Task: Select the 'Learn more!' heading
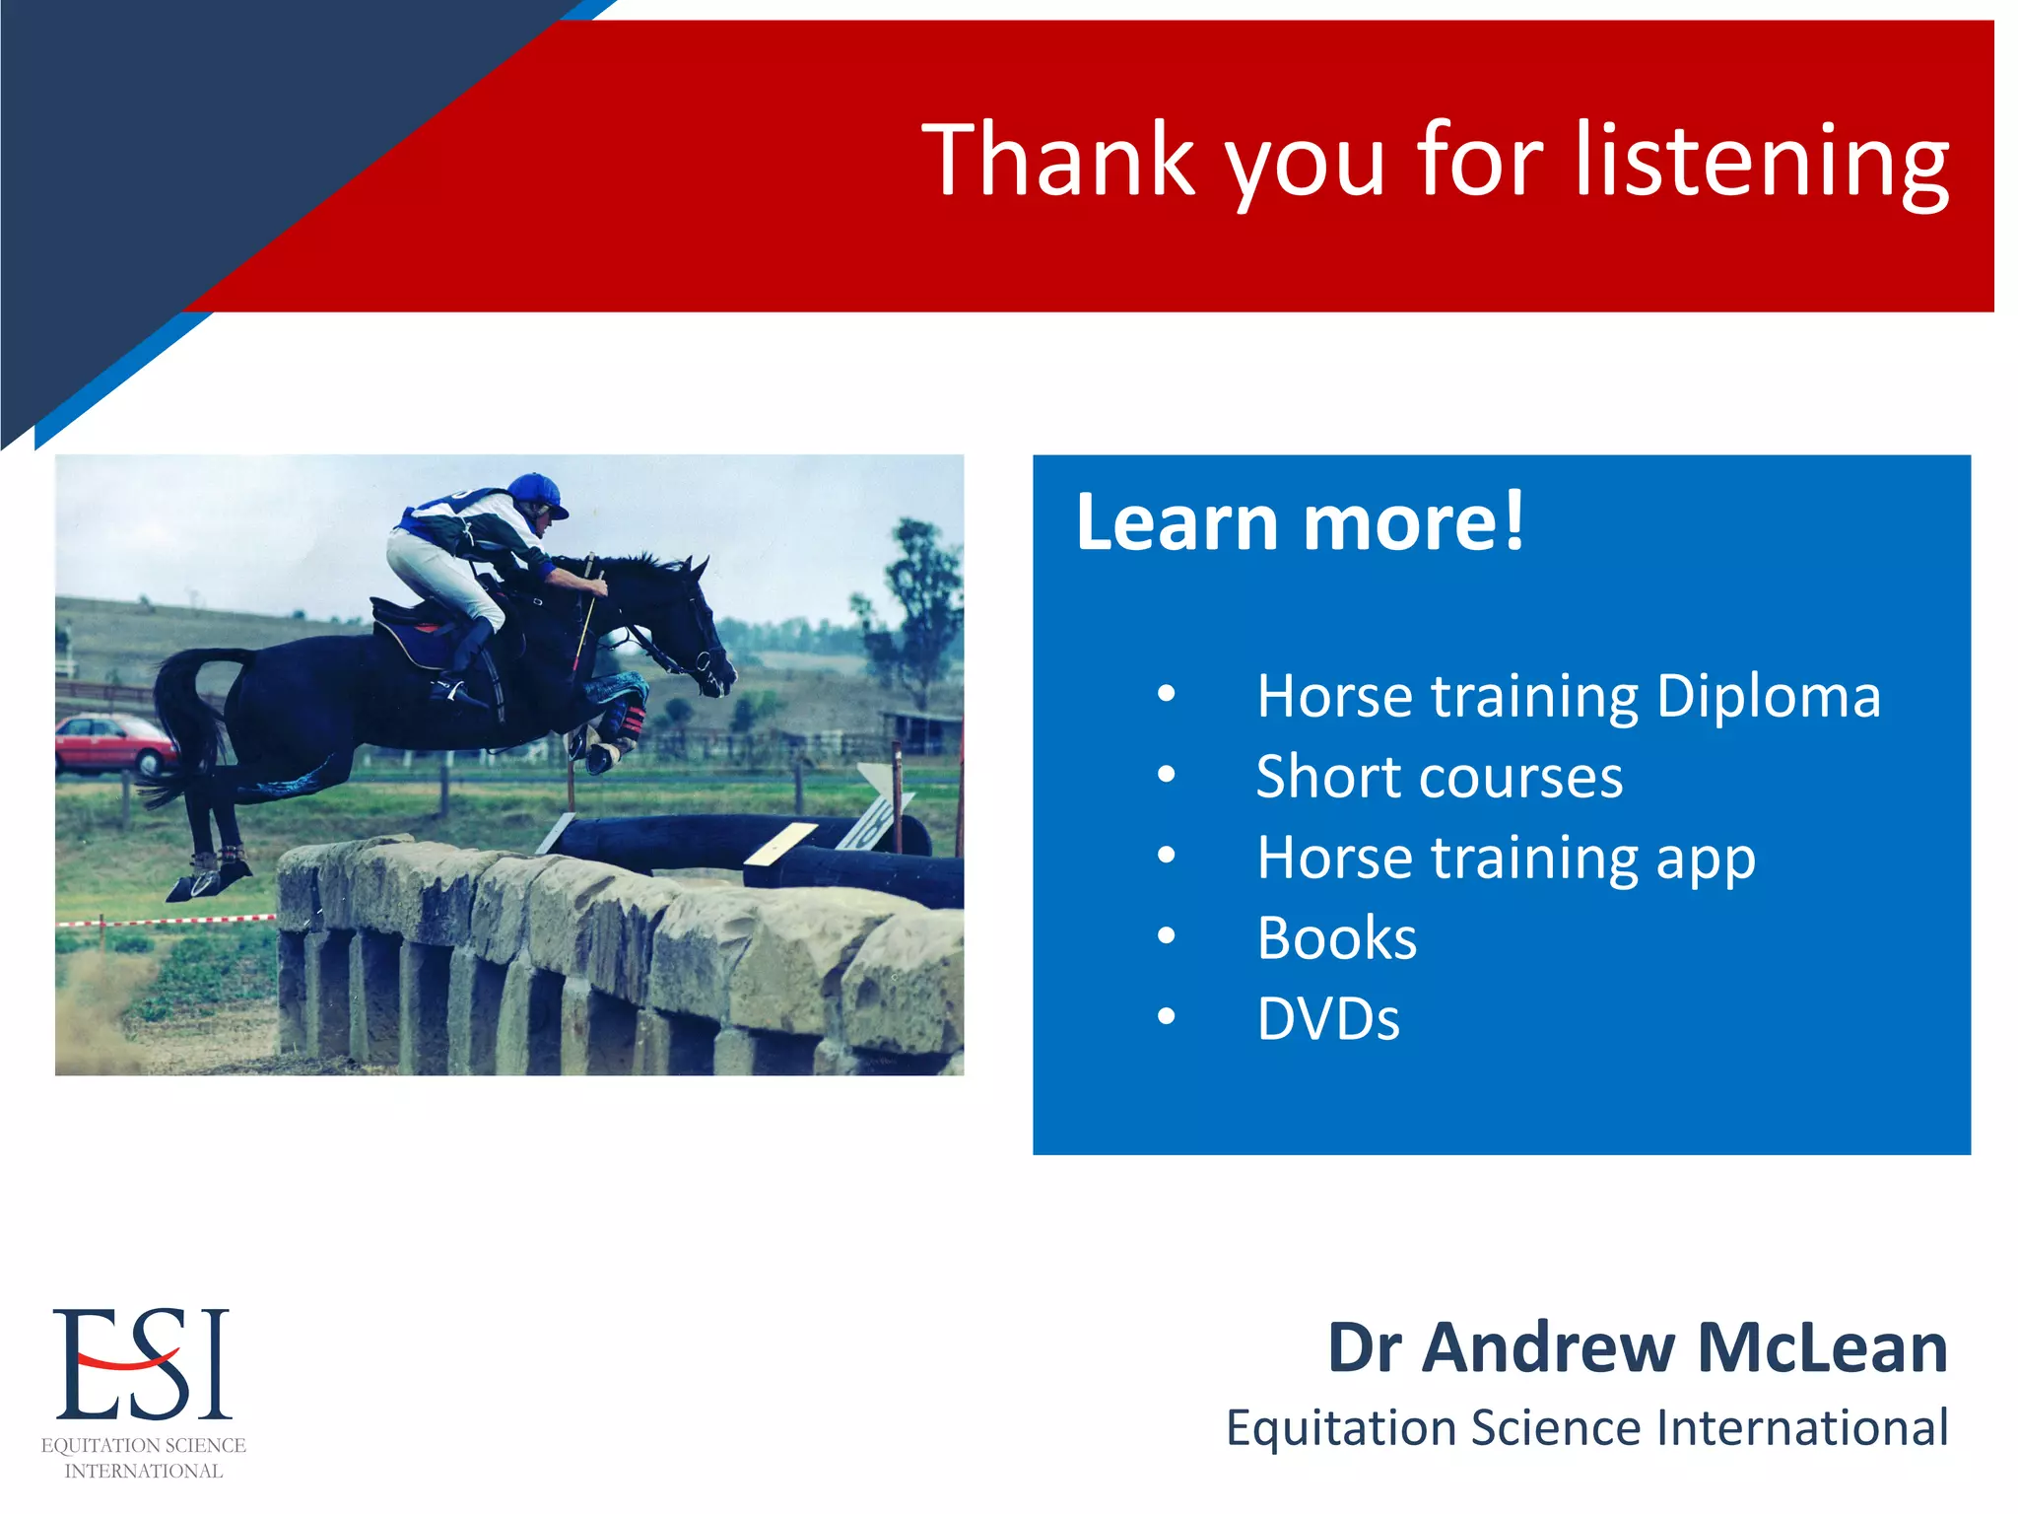pyautogui.click(x=1300, y=521)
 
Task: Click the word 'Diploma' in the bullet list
pyautogui.click(x=1768, y=697)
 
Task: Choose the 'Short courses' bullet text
pyautogui.click(x=1439, y=778)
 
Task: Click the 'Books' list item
pyautogui.click(x=1337, y=938)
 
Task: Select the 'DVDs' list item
pyautogui.click(x=1327, y=1019)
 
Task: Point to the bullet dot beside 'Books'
pyautogui.click(x=1167, y=936)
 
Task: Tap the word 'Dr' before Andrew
pyautogui.click(x=1364, y=1347)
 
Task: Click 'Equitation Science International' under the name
pyautogui.click(x=1586, y=1428)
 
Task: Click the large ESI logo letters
pyautogui.click(x=143, y=1365)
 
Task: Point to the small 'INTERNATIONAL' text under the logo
pyautogui.click(x=144, y=1471)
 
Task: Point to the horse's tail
pyautogui.click(x=182, y=720)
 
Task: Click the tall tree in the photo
pyautogui.click(x=916, y=611)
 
